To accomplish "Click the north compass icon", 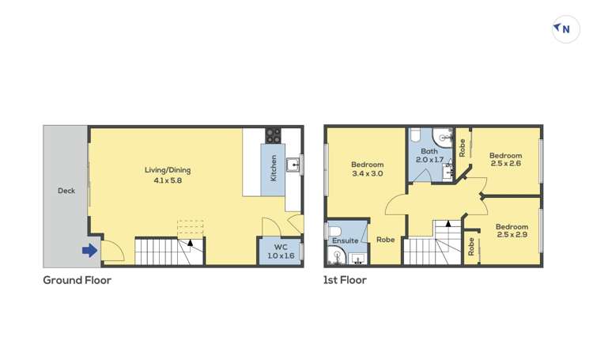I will coord(565,29).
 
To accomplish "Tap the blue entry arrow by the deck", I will coord(89,251).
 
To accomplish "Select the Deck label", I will coord(66,191).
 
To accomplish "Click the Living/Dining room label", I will coord(167,170).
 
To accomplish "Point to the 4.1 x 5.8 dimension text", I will coord(167,180).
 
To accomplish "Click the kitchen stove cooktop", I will coord(273,135).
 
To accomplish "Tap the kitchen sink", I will coord(293,165).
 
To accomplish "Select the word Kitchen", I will coord(274,169).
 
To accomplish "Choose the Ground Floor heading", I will coord(77,280).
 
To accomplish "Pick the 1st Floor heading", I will coord(345,280).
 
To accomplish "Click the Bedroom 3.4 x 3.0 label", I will coord(367,169).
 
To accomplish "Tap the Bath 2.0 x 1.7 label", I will coord(429,155).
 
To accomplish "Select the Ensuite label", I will coord(345,240).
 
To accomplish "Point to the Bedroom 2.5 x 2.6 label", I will coord(505,159).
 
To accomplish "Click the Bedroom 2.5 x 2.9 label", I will coord(512,230).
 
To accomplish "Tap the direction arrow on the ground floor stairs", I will coord(190,243).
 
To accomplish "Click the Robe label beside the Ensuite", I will coord(385,240).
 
